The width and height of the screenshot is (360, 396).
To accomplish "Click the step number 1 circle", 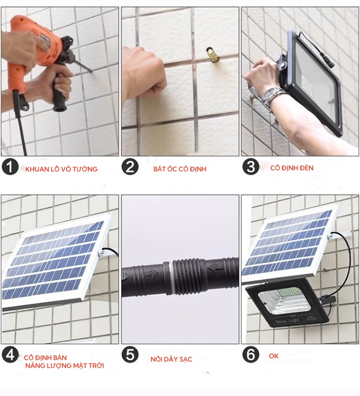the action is coord(10,167).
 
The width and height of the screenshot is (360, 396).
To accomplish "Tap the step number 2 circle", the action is coord(130,167).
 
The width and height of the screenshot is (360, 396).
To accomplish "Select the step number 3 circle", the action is coord(251,167).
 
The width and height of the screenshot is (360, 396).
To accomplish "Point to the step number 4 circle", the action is coord(10,355).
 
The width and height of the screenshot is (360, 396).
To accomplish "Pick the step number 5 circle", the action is coord(130,355).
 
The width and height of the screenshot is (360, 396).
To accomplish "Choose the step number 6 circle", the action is coord(251,355).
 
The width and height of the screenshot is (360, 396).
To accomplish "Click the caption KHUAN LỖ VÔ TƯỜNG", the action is coord(62,169).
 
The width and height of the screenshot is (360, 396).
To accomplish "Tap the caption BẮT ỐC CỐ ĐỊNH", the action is coord(180,169).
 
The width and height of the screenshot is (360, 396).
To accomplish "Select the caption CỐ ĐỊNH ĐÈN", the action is coord(292,168).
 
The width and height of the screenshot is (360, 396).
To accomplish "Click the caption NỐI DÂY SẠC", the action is coord(171,359).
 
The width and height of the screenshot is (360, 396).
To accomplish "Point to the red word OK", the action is coord(274,356).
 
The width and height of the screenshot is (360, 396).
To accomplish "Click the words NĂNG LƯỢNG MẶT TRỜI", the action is coord(65,365).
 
